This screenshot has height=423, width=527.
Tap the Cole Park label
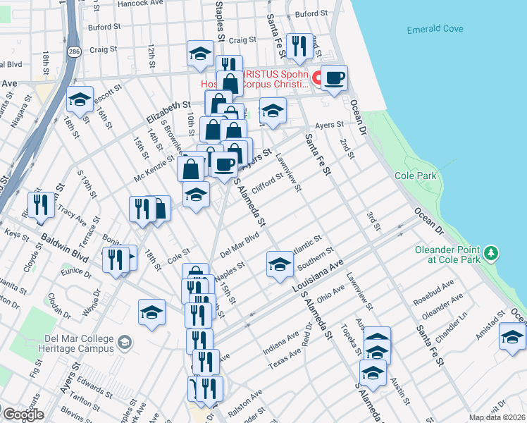pyautogui.click(x=416, y=176)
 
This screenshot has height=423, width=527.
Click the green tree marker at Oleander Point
pyautogui.click(x=492, y=252)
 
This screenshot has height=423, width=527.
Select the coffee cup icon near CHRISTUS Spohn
pyautogui.click(x=334, y=78)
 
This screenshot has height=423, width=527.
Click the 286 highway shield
pyautogui.click(x=73, y=51)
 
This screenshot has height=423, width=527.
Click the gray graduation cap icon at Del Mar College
pyautogui.click(x=125, y=343)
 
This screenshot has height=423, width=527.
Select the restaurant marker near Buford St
pyautogui.click(x=301, y=47)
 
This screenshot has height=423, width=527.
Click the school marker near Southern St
pyautogui.click(x=280, y=264)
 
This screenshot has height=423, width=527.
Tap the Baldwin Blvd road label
pyautogui.click(x=64, y=250)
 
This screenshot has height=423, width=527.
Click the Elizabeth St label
pyautogui.click(x=169, y=111)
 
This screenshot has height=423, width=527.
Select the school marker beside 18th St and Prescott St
pyautogui.click(x=80, y=100)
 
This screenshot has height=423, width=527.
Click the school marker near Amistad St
pyautogui.click(x=512, y=336)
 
